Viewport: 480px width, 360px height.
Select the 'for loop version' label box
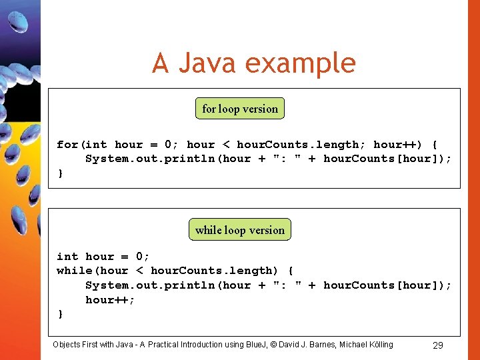pos(240,109)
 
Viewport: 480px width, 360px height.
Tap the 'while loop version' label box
pos(240,230)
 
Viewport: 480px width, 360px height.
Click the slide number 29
pos(438,345)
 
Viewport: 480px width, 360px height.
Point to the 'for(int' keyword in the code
pos(81,144)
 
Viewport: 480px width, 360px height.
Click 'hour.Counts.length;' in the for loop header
pos(297,144)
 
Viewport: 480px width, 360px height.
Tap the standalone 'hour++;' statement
pos(110,299)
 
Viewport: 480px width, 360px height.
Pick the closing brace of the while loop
pos(61,313)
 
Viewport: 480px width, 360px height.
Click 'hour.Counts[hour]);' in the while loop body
pos(387,285)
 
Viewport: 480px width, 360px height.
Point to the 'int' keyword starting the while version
pos(67,256)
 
